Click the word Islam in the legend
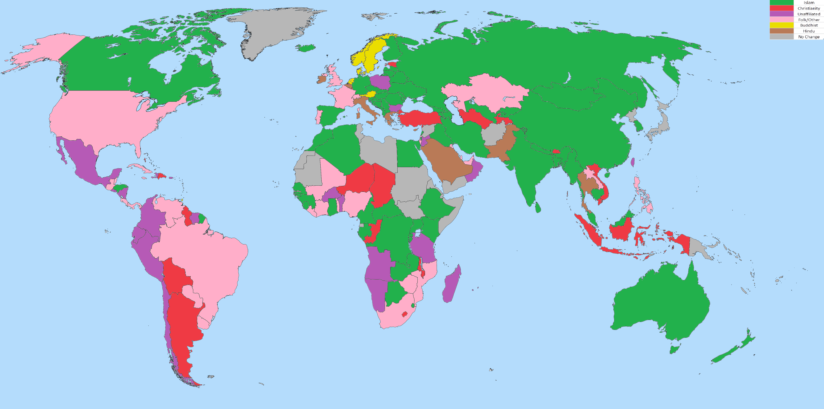coord(809,3)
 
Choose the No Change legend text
coord(809,37)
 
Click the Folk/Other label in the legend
coord(809,20)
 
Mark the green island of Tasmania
coord(674,349)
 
